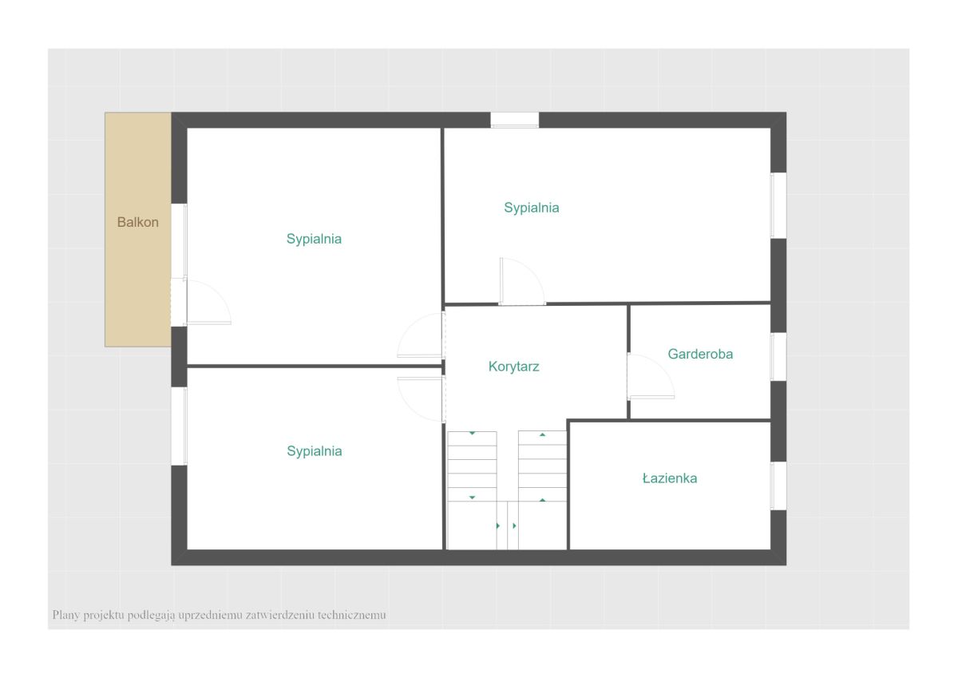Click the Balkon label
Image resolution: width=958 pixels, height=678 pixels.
137,222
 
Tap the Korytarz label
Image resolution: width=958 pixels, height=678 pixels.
513,367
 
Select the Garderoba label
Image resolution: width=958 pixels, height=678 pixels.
700,354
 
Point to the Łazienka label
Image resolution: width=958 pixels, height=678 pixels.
670,478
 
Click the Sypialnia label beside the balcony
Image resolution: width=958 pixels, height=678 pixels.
314,239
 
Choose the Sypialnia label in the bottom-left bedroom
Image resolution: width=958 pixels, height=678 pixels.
315,451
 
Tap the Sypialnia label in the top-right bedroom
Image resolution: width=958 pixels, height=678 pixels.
531,208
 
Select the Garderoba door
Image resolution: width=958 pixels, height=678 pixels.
650,376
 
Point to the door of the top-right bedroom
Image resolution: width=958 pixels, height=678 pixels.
522,281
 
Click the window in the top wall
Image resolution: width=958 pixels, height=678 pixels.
514,121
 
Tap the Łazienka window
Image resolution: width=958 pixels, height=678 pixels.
778,486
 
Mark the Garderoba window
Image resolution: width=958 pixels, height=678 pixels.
778,357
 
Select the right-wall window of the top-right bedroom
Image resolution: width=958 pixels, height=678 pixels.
778,205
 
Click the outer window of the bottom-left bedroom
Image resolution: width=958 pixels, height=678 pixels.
179,426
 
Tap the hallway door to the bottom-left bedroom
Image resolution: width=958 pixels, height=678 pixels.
422,399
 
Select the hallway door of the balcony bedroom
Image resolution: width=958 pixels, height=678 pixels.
422,335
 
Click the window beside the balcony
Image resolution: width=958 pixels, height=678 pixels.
179,240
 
